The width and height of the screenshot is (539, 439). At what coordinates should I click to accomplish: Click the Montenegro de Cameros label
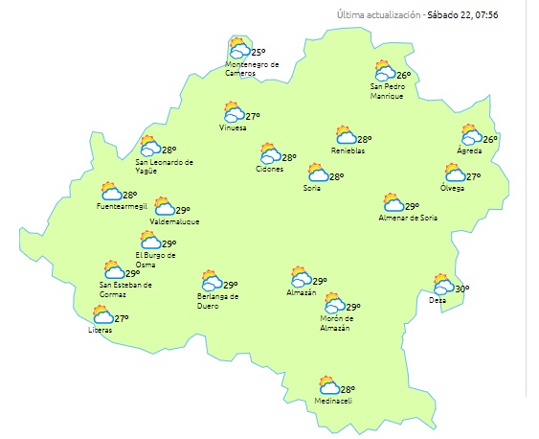(x=252, y=69)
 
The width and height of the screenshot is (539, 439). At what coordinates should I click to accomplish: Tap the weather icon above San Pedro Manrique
(x=385, y=71)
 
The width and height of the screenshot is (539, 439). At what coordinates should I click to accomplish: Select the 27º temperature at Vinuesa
(x=254, y=116)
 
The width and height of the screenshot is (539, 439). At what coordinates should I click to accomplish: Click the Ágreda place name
(x=469, y=151)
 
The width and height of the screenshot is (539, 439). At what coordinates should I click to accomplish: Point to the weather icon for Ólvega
(x=454, y=173)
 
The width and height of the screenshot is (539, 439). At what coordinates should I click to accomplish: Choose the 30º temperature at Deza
(x=461, y=289)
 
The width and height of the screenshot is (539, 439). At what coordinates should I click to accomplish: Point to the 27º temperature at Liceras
(x=122, y=319)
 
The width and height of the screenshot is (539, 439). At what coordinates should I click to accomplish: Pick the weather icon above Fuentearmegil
(x=110, y=192)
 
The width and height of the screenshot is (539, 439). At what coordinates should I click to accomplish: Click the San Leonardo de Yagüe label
(x=165, y=167)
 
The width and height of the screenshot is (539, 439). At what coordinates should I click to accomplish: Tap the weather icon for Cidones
(x=269, y=155)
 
